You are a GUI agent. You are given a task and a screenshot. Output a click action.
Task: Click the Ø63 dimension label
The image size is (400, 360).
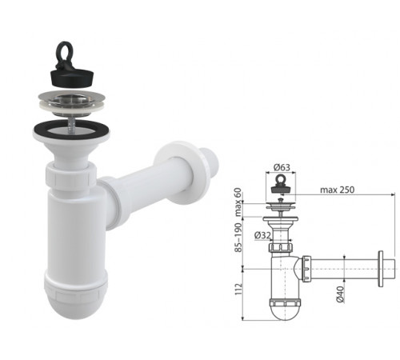click(282, 167)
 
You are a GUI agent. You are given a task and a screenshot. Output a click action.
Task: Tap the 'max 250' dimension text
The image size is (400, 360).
click(337, 190)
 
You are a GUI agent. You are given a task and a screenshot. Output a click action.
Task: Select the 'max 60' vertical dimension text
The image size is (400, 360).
click(238, 202)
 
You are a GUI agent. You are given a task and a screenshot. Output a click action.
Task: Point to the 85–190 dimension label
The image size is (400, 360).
click(238, 238)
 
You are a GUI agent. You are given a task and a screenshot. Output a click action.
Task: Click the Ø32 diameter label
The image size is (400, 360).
click(262, 235)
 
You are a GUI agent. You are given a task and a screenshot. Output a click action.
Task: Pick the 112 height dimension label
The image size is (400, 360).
click(238, 289)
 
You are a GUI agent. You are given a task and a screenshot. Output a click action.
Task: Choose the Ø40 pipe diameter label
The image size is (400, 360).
click(340, 294)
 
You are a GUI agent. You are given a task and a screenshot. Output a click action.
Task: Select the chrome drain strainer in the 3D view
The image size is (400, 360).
click(71, 103)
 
